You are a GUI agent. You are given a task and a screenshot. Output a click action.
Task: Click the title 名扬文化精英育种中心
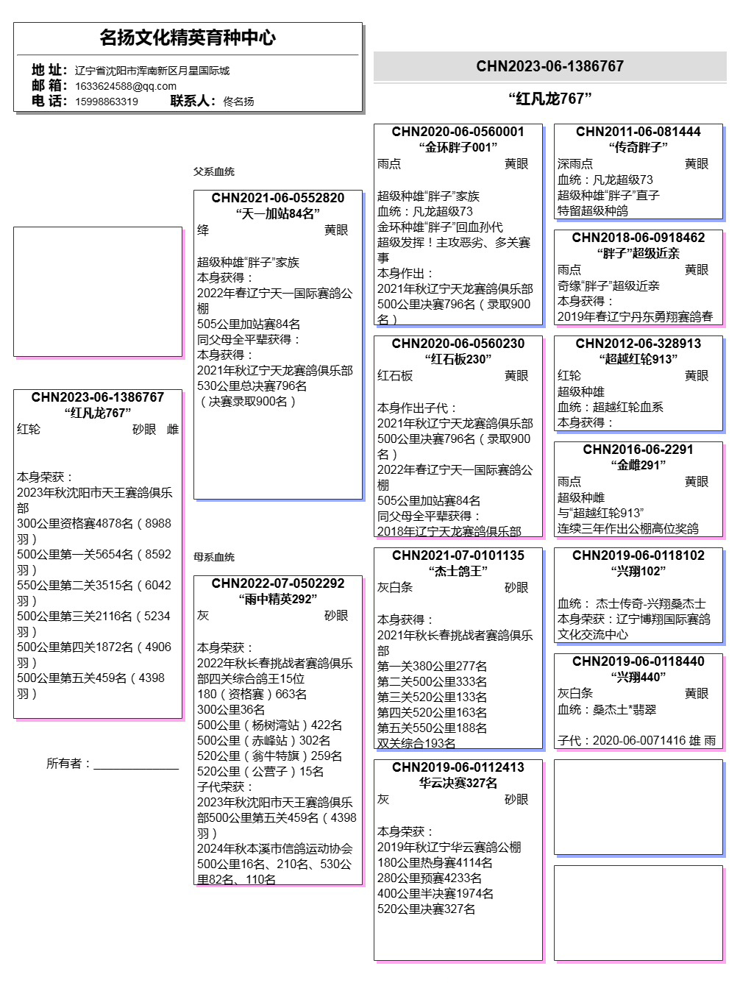[x=188, y=38]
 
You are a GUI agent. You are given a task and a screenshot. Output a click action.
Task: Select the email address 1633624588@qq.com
[x=126, y=86]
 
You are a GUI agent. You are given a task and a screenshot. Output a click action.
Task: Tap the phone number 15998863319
[x=107, y=102]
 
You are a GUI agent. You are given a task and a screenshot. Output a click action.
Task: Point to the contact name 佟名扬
[x=238, y=102]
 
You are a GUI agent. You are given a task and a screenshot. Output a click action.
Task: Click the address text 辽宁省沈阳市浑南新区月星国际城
[x=152, y=71]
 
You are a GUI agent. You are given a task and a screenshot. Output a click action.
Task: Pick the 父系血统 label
[x=214, y=171]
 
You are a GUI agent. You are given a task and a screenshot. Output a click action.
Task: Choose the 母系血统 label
[x=214, y=557]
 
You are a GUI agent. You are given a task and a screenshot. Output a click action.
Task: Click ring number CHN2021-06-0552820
[x=278, y=198]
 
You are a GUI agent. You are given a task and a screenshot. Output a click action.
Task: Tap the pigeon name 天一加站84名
[x=278, y=213]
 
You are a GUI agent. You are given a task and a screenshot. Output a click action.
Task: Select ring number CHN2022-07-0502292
[x=278, y=583]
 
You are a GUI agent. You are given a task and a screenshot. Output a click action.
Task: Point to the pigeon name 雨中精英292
[x=278, y=599]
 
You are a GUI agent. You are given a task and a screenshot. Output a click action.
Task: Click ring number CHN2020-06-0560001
[x=458, y=132]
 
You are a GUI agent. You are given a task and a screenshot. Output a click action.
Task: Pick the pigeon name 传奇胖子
[x=638, y=147]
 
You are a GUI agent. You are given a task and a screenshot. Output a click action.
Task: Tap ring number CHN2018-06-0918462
[x=638, y=238]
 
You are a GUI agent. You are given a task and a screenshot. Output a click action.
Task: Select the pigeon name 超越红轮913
[x=638, y=359]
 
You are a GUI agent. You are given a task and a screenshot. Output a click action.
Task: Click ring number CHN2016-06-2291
[x=638, y=450]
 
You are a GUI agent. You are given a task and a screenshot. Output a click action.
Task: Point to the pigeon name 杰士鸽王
[x=458, y=571]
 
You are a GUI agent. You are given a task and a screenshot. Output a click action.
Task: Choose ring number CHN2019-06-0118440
[x=638, y=661]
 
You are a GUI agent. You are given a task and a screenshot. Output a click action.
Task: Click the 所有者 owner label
[x=68, y=764]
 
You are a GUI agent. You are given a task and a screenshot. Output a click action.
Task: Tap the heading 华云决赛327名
[x=458, y=783]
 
